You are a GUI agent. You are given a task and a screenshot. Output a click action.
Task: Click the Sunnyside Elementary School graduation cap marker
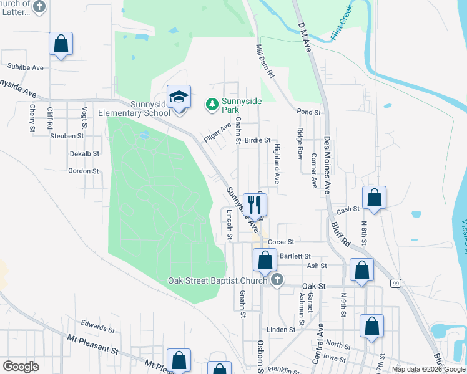(179, 97)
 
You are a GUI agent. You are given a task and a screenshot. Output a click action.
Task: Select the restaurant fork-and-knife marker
(255, 204)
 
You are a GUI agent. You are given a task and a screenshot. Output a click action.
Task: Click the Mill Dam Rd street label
(265, 60)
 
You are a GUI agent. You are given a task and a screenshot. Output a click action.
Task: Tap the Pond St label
(308, 113)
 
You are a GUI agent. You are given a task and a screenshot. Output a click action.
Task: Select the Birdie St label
(257, 141)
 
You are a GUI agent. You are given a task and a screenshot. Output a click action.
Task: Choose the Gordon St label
(84, 171)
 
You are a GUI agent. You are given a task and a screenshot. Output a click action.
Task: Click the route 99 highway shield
(395, 283)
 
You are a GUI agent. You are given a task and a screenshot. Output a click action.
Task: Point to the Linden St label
(280, 330)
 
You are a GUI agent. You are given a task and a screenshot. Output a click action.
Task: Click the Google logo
(21, 367)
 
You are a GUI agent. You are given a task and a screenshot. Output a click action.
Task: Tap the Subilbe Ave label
(25, 67)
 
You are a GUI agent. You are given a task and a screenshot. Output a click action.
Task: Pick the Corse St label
(280, 241)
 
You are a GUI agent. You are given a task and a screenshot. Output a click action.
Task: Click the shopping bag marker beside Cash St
(374, 198)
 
